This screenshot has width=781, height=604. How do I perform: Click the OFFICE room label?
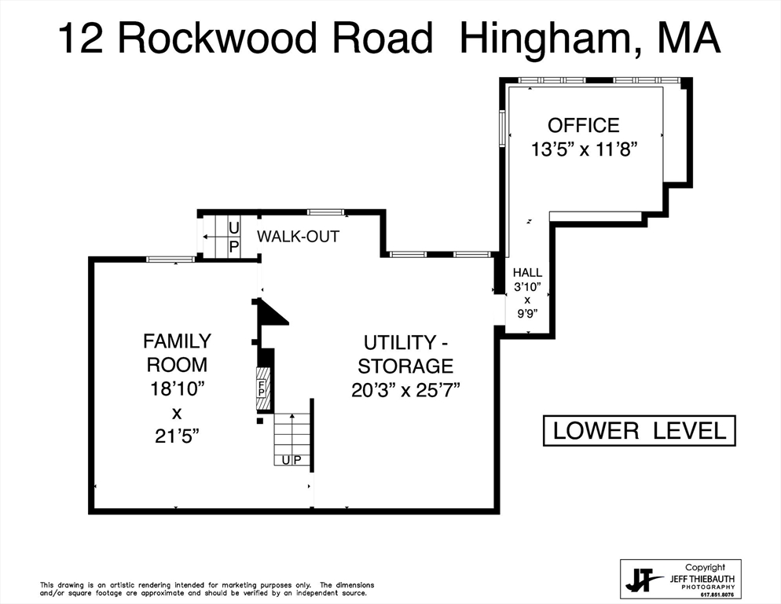click(x=583, y=125)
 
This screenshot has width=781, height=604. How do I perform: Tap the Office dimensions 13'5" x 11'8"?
click(x=583, y=149)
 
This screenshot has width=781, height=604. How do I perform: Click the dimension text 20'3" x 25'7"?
click(x=405, y=389)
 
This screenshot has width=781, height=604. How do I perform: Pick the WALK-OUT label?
click(x=298, y=236)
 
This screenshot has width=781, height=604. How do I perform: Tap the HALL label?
click(x=527, y=272)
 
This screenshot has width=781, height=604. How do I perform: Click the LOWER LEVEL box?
click(x=639, y=431)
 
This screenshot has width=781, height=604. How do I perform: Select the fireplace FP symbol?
click(x=262, y=389)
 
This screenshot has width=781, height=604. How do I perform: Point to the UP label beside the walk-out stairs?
click(x=233, y=237)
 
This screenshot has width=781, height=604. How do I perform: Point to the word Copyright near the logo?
click(x=704, y=567)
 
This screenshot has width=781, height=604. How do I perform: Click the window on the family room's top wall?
click(x=170, y=259)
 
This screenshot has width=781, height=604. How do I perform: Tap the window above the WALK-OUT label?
click(x=325, y=212)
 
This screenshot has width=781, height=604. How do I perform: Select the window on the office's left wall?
click(x=502, y=128)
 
